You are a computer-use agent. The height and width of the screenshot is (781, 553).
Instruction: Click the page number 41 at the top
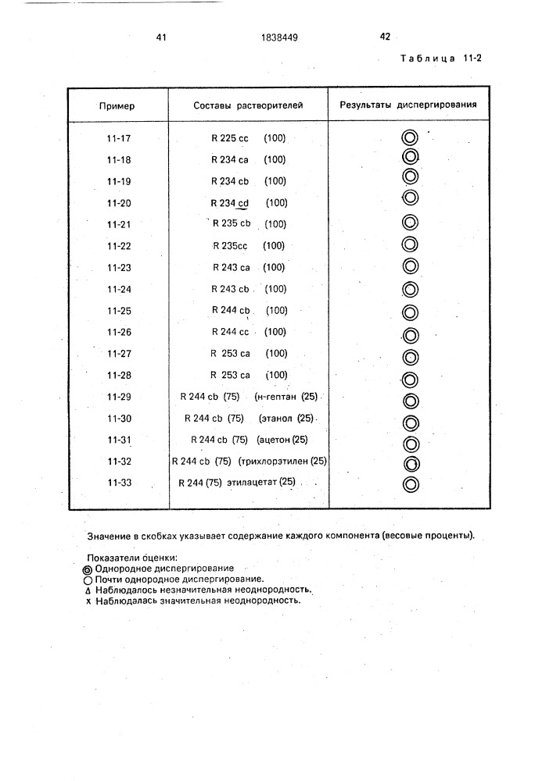pyautogui.click(x=161, y=37)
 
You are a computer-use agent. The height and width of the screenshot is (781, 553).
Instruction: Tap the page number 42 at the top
pyautogui.click(x=384, y=36)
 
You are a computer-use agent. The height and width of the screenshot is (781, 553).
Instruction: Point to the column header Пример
pyautogui.click(x=116, y=105)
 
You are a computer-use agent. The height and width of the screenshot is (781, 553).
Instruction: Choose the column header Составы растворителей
pyautogui.click(x=247, y=105)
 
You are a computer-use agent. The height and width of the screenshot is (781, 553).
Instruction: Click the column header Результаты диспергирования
pyautogui.click(x=408, y=105)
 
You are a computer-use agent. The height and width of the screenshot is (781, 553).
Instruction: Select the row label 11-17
pyautogui.click(x=119, y=138)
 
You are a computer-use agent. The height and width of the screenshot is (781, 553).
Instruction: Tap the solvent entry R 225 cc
pyautogui.click(x=229, y=138)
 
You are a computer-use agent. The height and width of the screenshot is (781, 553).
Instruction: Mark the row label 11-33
pyautogui.click(x=119, y=483)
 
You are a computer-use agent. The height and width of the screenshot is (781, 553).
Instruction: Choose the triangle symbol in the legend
pyautogui.click(x=88, y=591)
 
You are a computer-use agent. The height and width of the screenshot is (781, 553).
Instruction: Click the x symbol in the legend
pyautogui.click(x=88, y=602)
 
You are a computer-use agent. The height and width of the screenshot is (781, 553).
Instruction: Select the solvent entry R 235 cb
pyautogui.click(x=231, y=224)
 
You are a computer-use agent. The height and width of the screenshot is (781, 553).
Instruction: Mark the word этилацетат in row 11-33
pyautogui.click(x=250, y=483)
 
